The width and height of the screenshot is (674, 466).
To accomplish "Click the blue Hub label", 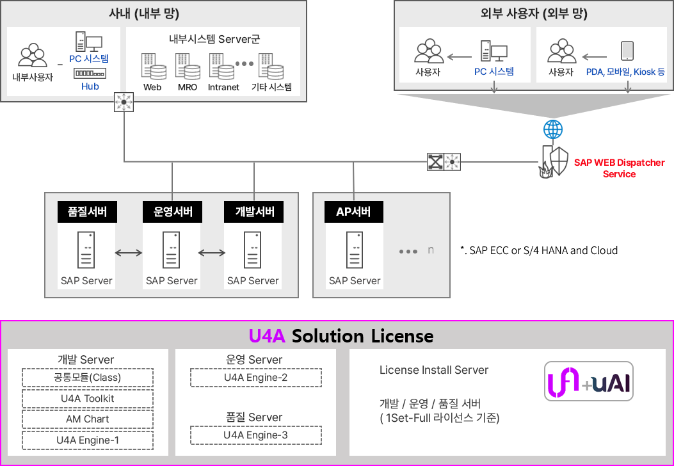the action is (90, 86).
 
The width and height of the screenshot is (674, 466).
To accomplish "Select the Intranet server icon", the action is (222, 67).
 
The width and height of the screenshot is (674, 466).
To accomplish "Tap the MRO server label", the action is (188, 87).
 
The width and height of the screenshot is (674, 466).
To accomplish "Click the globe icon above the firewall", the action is (553, 129).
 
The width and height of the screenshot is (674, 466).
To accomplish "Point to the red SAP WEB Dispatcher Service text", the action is (620, 168).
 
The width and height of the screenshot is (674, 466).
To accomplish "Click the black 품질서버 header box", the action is (87, 212).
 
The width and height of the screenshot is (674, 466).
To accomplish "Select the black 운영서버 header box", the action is (172, 212).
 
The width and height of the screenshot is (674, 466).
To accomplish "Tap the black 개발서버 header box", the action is (253, 212).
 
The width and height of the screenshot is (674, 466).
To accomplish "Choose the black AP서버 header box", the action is (354, 212).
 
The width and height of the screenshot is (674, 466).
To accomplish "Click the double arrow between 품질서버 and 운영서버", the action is (129, 253).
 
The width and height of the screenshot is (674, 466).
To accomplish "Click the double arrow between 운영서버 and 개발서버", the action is (211, 253).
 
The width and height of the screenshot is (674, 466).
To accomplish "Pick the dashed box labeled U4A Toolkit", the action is (88, 399).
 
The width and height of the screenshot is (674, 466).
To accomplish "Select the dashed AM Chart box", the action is (88, 419).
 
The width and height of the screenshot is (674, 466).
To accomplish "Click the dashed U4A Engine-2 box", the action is (256, 378).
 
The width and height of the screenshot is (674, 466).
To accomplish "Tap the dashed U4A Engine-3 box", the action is (256, 435).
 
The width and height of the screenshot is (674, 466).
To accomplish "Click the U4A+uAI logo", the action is (589, 382).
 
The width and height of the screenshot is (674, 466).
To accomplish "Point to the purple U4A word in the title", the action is (267, 336).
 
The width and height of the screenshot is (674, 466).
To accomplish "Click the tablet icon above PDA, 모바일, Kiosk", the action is (627, 51).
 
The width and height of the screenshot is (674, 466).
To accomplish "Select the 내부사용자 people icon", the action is (32, 55).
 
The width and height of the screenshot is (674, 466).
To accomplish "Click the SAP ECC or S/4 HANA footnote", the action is (539, 250).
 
